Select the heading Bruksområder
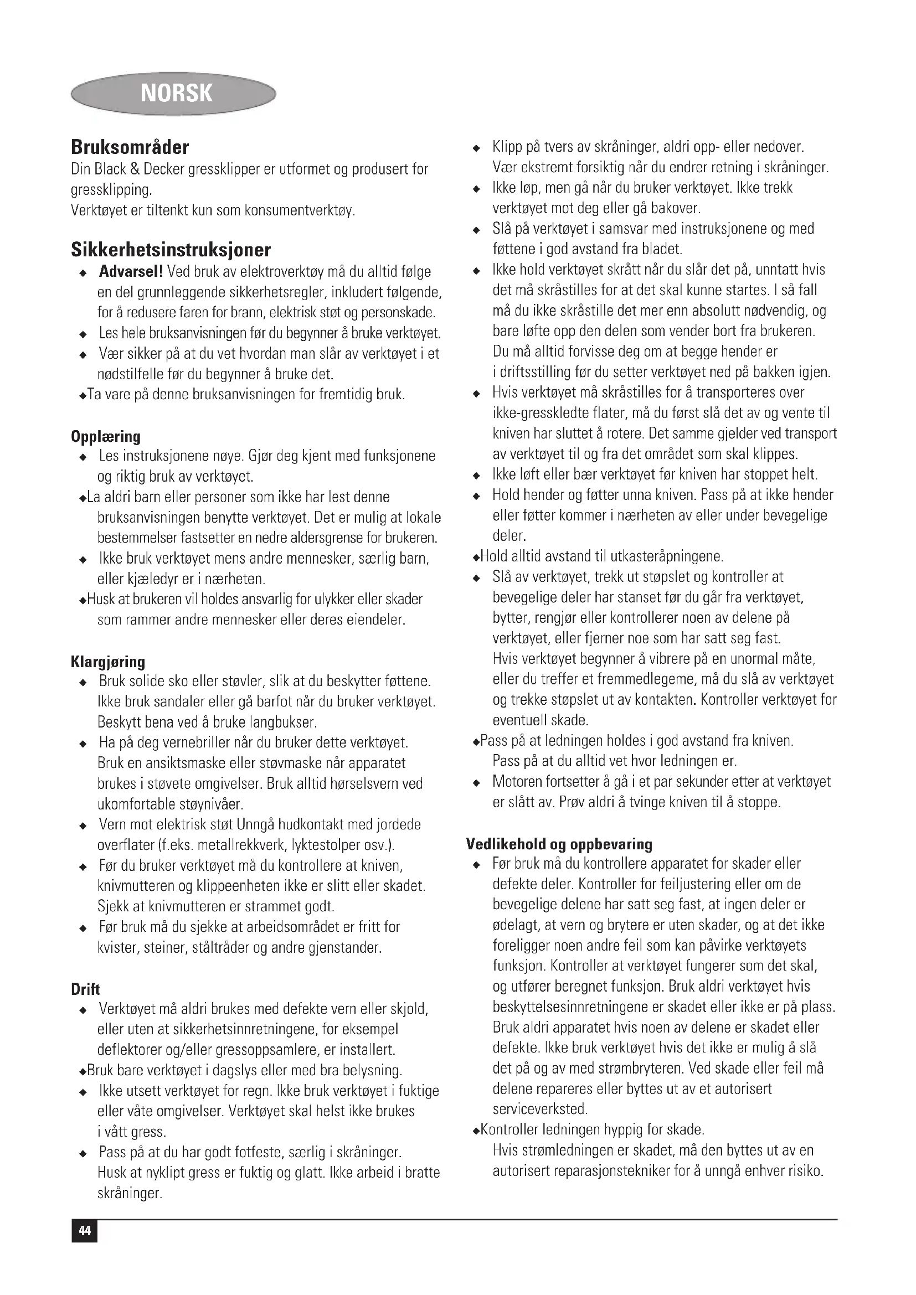(130, 147)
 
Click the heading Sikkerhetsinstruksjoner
(171, 249)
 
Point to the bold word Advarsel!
(131, 272)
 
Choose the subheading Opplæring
(105, 436)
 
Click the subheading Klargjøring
(108, 662)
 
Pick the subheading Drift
(85, 989)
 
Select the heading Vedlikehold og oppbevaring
(559, 844)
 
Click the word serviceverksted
(540, 1110)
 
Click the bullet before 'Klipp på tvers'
(477, 148)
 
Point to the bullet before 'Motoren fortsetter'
(477, 783)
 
